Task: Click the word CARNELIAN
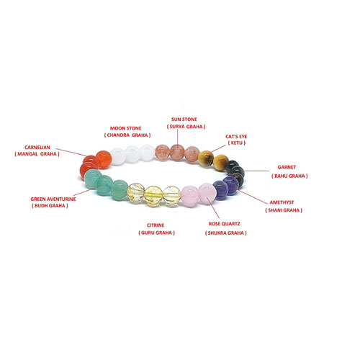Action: [37, 148]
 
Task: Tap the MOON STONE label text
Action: [125, 128]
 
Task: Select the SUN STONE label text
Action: [184, 120]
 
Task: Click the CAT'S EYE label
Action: [236, 137]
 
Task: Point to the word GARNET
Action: [287, 167]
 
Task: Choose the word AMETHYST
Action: [282, 202]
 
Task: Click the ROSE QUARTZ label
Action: [224, 224]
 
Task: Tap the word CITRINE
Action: [156, 225]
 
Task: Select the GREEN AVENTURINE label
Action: [53, 199]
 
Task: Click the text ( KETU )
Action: [236, 143]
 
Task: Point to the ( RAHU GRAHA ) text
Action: [289, 176]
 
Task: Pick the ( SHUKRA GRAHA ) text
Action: [226, 233]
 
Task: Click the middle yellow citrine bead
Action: [153, 194]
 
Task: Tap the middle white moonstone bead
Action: [132, 153]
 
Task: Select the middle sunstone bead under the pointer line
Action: [177, 153]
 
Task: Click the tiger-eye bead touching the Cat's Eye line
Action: [206, 158]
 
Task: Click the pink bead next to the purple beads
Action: [207, 194]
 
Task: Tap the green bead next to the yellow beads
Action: [120, 190]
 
